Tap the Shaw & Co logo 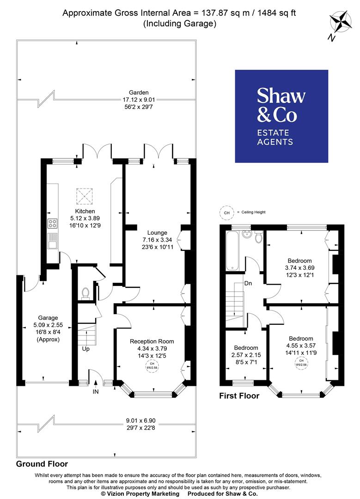click(x=281, y=116)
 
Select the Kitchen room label click(x=85, y=212)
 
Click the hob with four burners click(x=52, y=224)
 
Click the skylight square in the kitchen click(x=85, y=196)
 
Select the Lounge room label click(x=157, y=232)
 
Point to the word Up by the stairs click(x=85, y=349)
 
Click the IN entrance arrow click(x=96, y=382)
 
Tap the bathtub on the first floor click(x=232, y=252)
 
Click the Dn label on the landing click(x=248, y=283)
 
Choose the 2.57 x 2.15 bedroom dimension click(x=245, y=355)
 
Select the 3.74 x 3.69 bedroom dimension click(x=299, y=268)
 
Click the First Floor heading click(x=239, y=396)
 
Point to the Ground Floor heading click(x=42, y=464)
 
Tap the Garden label click(x=139, y=92)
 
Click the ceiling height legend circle click(x=226, y=212)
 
